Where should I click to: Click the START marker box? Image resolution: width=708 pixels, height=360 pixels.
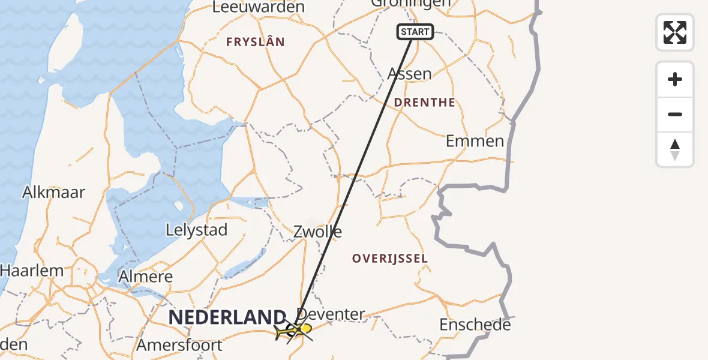415,32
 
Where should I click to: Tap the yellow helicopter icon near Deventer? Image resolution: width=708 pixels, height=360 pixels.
295,330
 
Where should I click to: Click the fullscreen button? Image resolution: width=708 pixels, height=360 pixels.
675,32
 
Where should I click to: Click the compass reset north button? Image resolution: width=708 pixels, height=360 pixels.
675,150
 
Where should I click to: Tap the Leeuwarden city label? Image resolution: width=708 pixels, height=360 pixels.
258,7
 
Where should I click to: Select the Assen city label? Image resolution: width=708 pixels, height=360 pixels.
410,74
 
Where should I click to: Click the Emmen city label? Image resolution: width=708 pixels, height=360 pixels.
475,142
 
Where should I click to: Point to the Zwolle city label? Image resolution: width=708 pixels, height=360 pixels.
318,232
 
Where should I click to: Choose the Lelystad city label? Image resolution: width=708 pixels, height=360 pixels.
196,230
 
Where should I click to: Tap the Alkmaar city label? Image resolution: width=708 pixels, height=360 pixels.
54,193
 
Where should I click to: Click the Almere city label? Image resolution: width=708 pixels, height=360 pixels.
146,277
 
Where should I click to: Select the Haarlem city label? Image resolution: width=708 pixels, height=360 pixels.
32,271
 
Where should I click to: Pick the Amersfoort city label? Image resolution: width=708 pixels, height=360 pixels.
179,346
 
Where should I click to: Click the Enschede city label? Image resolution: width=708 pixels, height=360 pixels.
475,325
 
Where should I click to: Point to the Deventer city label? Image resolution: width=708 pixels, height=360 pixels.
331,314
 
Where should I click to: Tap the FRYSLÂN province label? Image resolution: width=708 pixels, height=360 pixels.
255,42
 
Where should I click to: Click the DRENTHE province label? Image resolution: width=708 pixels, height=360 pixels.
425,103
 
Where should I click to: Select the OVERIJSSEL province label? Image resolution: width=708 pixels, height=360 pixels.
390,259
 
